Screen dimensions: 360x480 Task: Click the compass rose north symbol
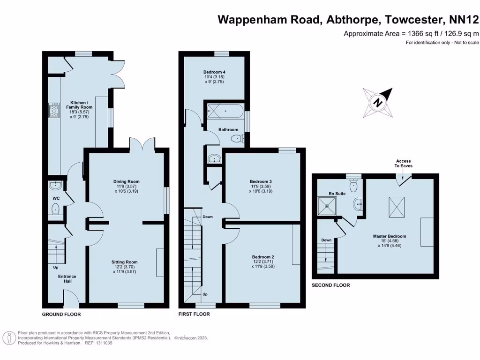(x=378, y=103)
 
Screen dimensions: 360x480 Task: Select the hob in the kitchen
(x=53, y=111)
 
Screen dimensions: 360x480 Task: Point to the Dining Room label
(x=126, y=181)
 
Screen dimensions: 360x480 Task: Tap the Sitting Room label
(x=124, y=262)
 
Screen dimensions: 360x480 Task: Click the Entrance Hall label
(x=67, y=279)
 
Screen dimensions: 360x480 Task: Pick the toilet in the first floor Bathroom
(x=237, y=138)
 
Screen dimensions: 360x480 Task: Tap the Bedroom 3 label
(x=261, y=181)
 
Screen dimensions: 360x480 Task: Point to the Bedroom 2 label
(x=262, y=257)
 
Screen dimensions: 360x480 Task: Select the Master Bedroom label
(x=389, y=236)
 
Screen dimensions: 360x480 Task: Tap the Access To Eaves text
(x=404, y=163)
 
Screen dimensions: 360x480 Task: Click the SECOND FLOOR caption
(x=330, y=285)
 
